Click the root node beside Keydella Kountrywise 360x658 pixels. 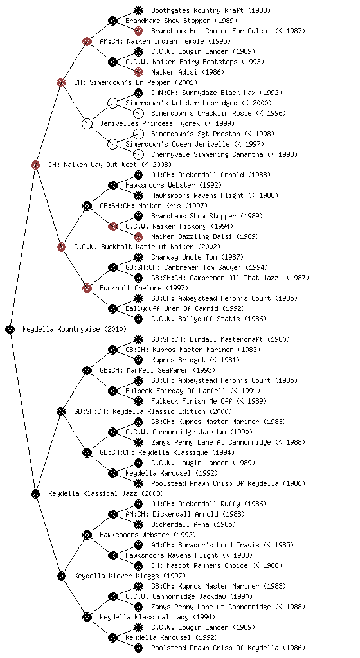point(10,329)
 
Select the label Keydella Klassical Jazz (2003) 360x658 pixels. point(105,493)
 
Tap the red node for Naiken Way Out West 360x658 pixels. point(35,164)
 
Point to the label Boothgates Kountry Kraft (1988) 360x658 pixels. point(211,10)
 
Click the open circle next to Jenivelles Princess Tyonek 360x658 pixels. point(87,123)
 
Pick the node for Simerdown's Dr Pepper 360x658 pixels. point(61,82)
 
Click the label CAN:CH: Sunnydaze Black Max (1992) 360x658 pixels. point(217,93)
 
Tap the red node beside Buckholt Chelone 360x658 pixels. point(87,288)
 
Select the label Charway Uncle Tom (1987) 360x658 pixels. point(197,257)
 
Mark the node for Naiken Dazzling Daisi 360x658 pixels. point(138,236)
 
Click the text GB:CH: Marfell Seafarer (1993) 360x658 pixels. point(157,370)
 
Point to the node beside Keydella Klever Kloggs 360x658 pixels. point(61,576)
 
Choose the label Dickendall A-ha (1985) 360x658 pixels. point(194,524)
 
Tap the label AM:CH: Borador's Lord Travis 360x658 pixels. point(205,545)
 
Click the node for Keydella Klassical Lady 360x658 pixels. point(87,617)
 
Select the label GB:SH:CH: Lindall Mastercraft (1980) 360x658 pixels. point(221,339)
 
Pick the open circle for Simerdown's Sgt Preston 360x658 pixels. point(138,134)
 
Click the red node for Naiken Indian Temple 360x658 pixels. point(87,41)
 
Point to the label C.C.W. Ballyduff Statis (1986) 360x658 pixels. point(208,319)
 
